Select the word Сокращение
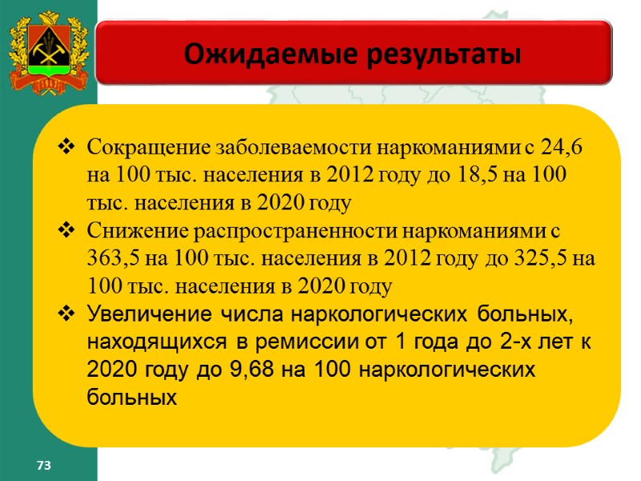(138, 148)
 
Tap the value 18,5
(484, 176)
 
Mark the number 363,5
(115, 259)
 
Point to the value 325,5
(546, 259)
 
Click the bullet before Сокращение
(67, 148)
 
